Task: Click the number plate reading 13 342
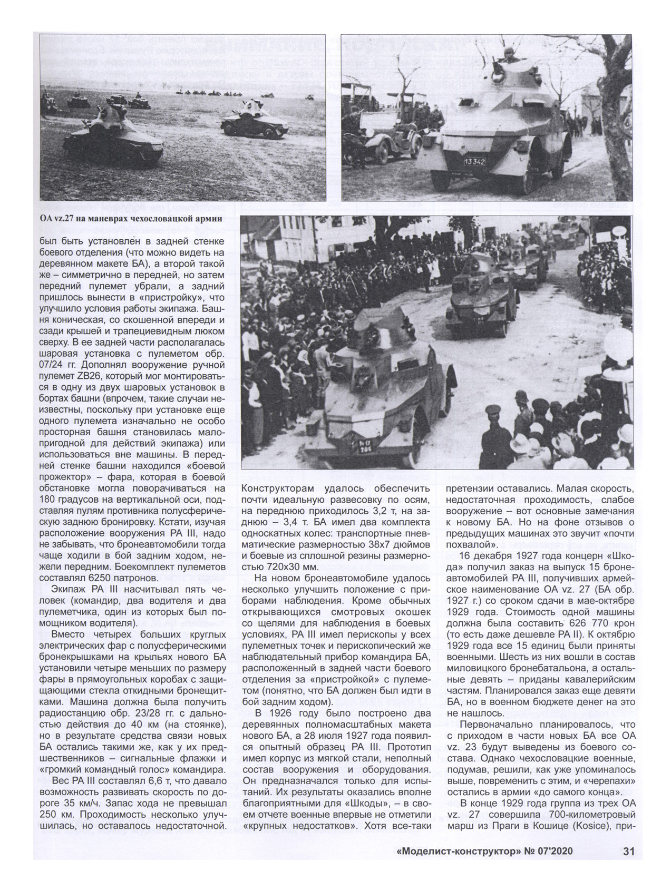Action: pyautogui.click(x=474, y=162)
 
